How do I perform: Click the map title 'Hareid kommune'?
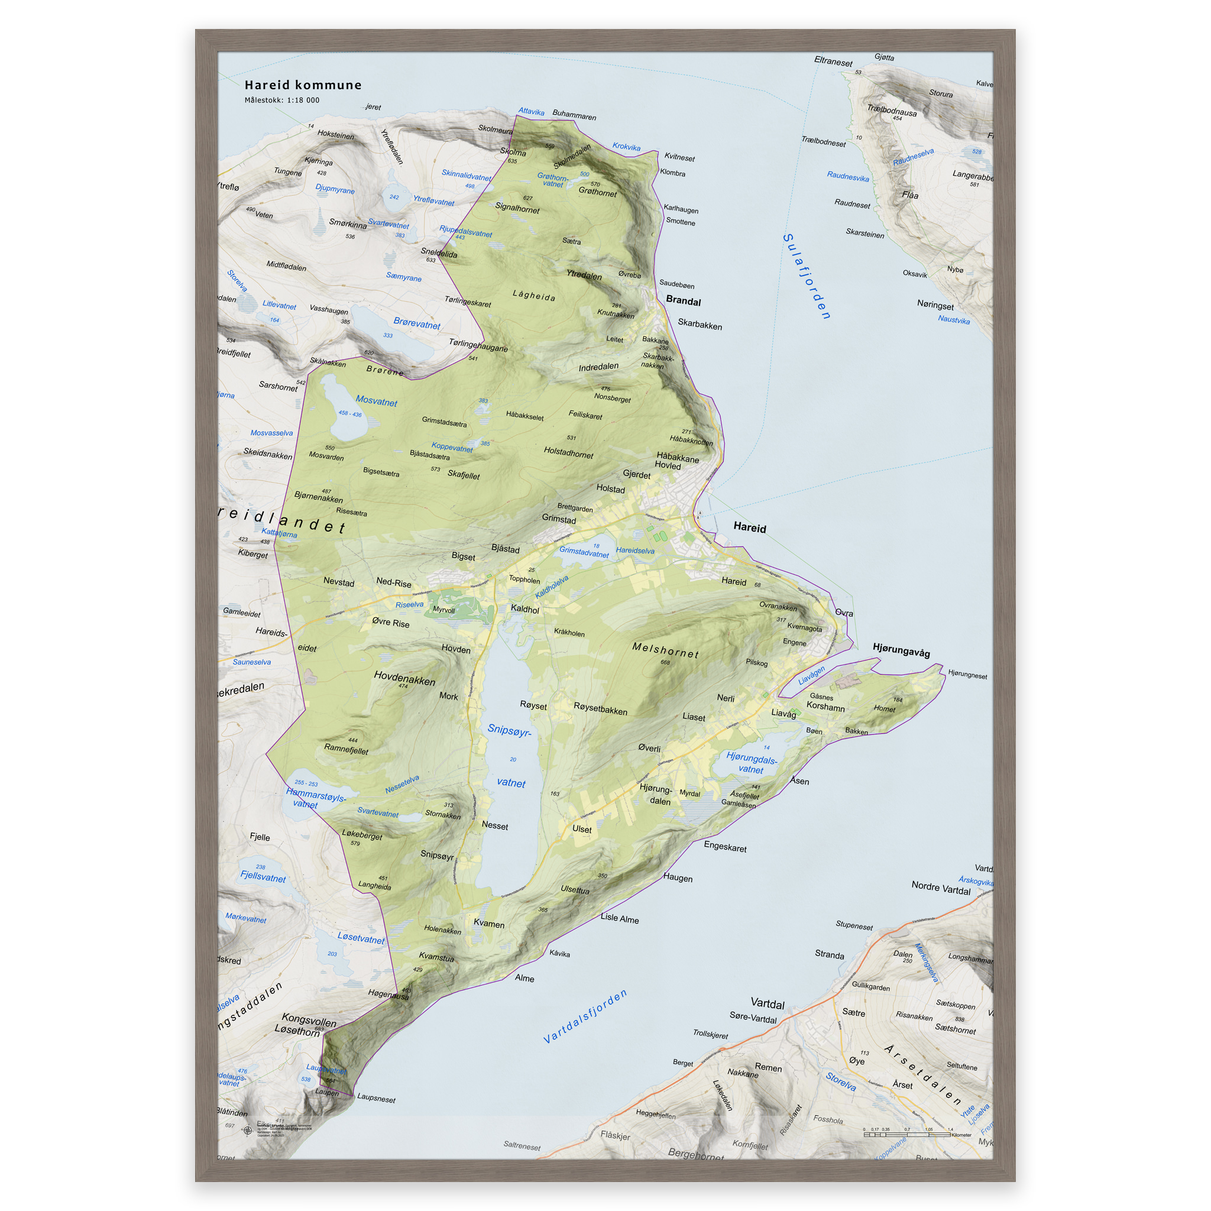[303, 85]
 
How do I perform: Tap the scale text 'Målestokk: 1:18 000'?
[281, 101]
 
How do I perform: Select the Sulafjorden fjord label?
[807, 276]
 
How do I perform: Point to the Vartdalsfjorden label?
[585, 1016]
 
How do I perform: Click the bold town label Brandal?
[683, 301]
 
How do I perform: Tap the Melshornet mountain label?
[665, 650]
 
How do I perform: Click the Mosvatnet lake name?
[376, 401]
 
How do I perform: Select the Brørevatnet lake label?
[417, 323]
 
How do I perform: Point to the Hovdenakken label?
[404, 678]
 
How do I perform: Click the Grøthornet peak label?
[597, 192]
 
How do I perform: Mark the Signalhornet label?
[517, 208]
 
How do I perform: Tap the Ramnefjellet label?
[346, 749]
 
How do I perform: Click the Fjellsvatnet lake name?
[263, 877]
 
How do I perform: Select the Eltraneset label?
[833, 61]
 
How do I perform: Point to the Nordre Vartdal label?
[940, 888]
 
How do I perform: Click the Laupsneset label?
[376, 1098]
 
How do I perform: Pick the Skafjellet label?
[464, 474]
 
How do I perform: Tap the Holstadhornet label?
[568, 452]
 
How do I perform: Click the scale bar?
[906, 1135]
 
